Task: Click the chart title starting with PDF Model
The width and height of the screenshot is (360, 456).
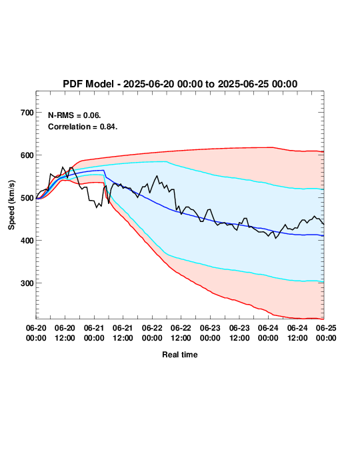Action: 180,84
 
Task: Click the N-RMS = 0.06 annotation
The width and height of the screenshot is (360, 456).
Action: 74,115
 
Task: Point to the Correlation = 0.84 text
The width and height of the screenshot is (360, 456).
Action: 83,127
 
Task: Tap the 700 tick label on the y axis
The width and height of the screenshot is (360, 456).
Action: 27,113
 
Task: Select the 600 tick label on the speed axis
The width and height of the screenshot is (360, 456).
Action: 27,155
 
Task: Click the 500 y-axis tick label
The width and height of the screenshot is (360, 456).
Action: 27,198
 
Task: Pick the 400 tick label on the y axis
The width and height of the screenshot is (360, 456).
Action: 27,241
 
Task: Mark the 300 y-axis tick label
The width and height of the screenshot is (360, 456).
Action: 27,283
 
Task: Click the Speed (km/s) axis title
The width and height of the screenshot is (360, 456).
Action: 11,205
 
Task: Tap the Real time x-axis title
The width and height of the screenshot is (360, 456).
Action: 180,355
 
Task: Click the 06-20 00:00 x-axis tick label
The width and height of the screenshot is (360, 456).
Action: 36,333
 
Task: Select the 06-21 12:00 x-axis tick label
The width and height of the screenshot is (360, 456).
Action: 123,333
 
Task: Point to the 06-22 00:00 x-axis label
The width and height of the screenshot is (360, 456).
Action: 152,333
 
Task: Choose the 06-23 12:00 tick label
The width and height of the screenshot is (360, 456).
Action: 239,333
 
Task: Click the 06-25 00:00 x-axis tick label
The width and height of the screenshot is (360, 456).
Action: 326,333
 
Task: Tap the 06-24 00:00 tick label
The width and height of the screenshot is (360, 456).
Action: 268,333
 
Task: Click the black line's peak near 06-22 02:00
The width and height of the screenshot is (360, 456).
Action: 157,175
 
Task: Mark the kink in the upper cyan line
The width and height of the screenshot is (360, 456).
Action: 167,162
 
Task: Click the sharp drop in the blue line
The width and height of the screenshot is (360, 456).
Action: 105,173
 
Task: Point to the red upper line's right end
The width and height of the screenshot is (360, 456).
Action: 323,151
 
